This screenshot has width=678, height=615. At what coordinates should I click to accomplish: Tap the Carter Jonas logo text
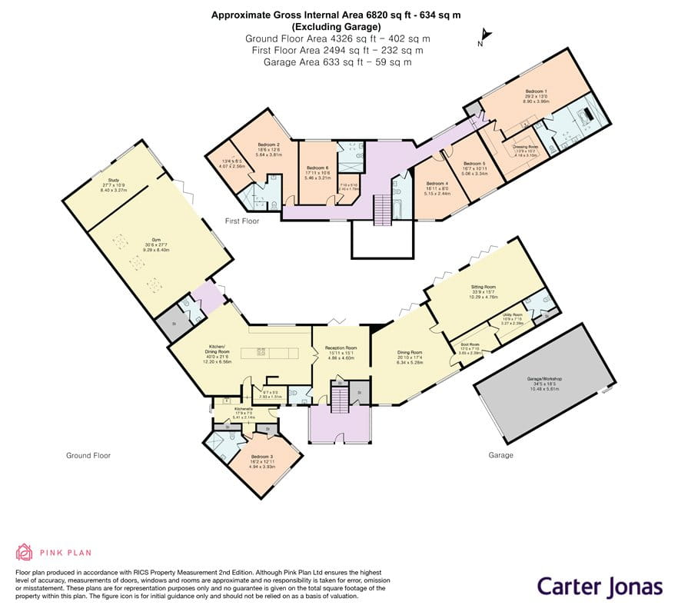click(x=599, y=587)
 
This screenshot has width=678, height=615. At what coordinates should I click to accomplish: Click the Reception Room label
click(x=341, y=351)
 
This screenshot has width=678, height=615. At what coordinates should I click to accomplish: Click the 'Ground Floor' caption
click(x=88, y=455)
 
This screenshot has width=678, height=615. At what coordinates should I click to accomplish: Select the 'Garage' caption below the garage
click(x=500, y=455)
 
